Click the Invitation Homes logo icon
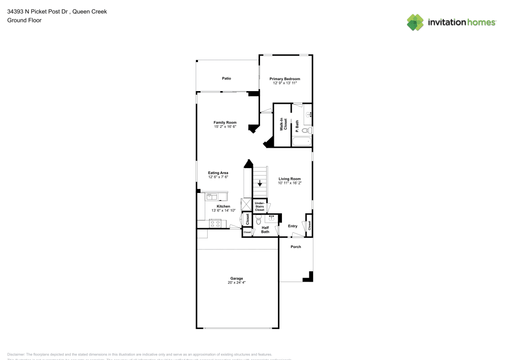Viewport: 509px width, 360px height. pyautogui.click(x=415, y=22)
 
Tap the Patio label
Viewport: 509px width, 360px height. pyautogui.click(x=227, y=78)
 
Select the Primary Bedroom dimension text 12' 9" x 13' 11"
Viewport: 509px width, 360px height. pyautogui.click(x=285, y=83)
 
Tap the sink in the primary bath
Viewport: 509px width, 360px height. pyautogui.click(x=308, y=115)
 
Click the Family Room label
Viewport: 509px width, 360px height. pyautogui.click(x=224, y=122)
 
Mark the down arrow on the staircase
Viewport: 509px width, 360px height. pyautogui.click(x=260, y=183)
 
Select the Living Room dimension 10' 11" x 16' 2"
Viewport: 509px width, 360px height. pyautogui.click(x=289, y=183)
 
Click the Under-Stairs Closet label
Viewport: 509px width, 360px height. pyautogui.click(x=260, y=206)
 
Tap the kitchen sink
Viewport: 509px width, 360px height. pyautogui.click(x=212, y=196)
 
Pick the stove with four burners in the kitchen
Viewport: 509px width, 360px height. pyautogui.click(x=215, y=223)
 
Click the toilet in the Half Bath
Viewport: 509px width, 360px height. pyautogui.click(x=259, y=220)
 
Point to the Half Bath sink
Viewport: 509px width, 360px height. pyautogui.click(x=271, y=218)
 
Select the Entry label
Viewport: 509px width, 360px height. pyautogui.click(x=293, y=226)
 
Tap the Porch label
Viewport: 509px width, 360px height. pyautogui.click(x=296, y=247)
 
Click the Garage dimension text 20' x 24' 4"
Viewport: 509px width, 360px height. pyautogui.click(x=236, y=282)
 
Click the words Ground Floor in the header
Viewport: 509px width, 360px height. pyautogui.click(x=24, y=20)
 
